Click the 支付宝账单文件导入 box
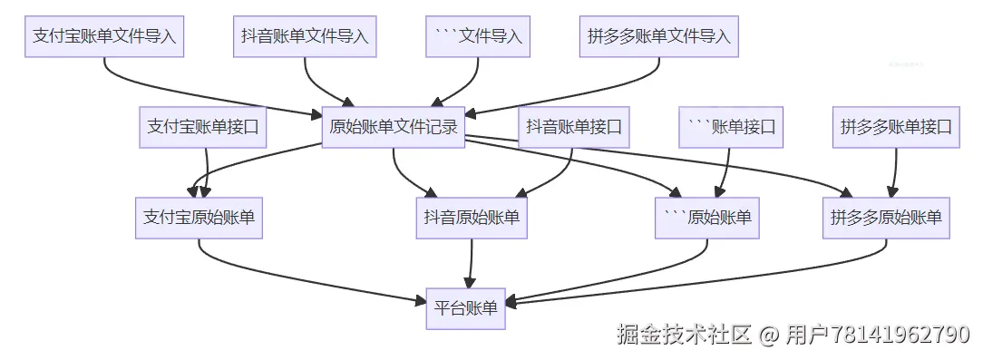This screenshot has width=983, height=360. [x=104, y=37]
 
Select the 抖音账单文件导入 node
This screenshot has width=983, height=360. [x=305, y=37]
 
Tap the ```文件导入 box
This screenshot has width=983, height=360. [x=478, y=37]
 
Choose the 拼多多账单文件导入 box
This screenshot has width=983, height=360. [x=659, y=37]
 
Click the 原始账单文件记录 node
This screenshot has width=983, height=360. [x=394, y=128]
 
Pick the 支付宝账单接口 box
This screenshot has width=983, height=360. [x=203, y=128]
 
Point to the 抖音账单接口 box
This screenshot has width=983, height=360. [x=573, y=128]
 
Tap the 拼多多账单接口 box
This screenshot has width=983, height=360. [x=896, y=128]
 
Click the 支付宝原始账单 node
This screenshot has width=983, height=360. [x=199, y=218]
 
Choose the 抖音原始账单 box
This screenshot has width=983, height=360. [x=472, y=218]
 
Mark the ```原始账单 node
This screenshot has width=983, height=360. [x=706, y=218]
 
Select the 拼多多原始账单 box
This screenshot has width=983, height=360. [x=886, y=218]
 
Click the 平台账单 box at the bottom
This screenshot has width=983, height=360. [x=466, y=308]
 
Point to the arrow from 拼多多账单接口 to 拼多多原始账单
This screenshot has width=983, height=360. [x=894, y=172]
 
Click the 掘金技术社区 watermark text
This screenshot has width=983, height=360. [x=684, y=335]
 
